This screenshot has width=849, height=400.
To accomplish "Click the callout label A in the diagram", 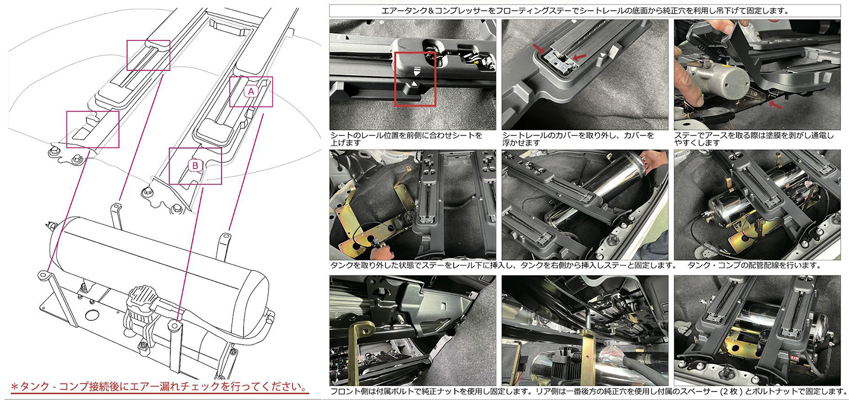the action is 250,91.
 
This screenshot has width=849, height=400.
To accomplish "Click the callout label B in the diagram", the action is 195,166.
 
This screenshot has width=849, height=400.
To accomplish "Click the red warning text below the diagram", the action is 159,387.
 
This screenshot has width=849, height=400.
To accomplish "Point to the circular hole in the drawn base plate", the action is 92,316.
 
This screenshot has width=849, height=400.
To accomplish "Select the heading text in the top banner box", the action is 586,11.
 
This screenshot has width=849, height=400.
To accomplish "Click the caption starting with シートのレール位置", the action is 406,139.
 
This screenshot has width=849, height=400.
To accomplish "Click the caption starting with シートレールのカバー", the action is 578,139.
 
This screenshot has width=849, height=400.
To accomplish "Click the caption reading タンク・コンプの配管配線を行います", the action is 753,265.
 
